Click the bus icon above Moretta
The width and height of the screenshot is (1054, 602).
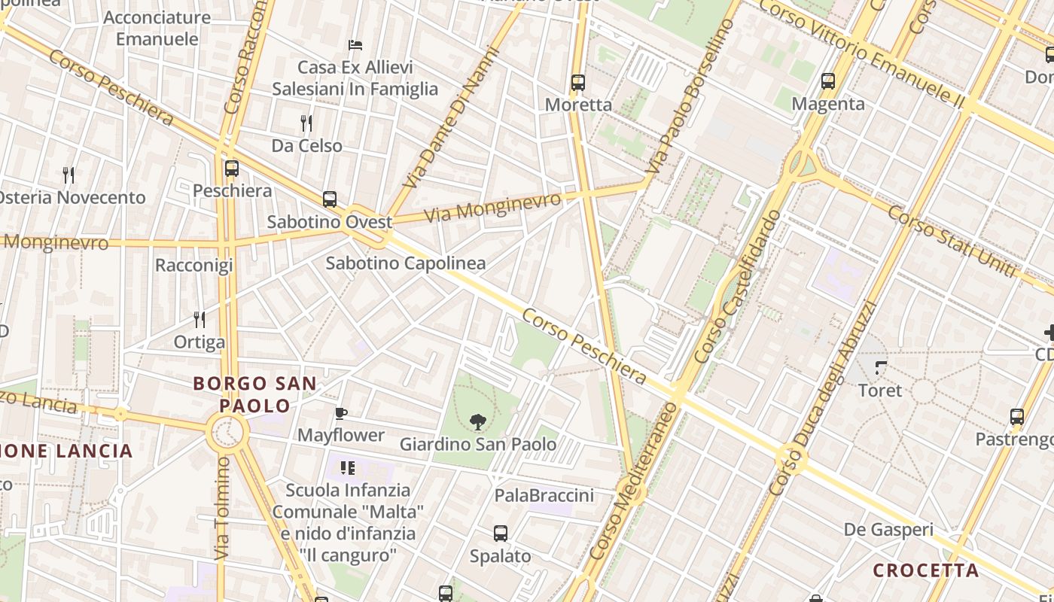tap(578, 83)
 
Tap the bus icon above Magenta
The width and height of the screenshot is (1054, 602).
tap(828, 81)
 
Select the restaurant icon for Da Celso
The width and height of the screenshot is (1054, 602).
tap(306, 123)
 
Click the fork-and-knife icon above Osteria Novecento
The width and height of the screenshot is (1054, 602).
tap(69, 175)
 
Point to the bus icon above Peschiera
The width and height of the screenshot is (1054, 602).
tap(232, 169)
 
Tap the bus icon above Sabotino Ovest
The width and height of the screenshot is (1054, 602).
tap(330, 199)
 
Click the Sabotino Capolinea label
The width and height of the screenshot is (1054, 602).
tap(405, 263)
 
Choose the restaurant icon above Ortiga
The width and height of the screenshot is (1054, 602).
tap(200, 320)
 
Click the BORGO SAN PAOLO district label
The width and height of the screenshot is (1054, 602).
tap(254, 394)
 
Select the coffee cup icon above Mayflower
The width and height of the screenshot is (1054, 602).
tap(341, 413)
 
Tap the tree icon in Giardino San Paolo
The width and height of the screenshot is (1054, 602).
tap(477, 422)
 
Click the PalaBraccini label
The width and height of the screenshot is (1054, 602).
tap(544, 495)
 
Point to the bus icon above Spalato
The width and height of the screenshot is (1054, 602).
tap(501, 534)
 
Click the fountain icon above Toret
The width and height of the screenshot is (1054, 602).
tap(880, 368)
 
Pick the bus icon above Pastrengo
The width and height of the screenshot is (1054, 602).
tap(1017, 417)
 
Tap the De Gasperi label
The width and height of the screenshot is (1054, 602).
tap(888, 530)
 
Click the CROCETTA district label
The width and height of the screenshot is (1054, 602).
tap(926, 570)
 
